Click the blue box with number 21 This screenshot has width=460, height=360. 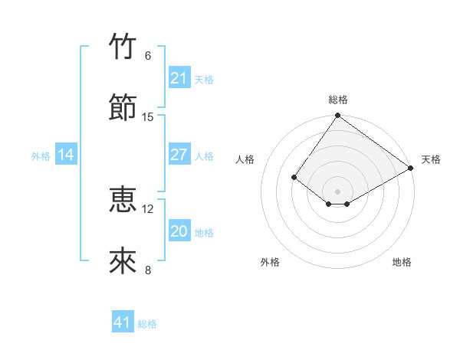click(x=179, y=78)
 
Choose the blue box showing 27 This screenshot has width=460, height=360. click(x=179, y=155)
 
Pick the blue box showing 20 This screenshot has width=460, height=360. click(x=179, y=231)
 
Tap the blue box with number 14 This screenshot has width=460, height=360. click(x=66, y=155)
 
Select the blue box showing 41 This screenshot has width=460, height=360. click(x=123, y=322)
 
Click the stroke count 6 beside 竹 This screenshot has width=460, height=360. click(x=148, y=55)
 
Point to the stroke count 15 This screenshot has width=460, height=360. click(x=148, y=116)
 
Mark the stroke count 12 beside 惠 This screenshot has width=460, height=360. click(x=148, y=208)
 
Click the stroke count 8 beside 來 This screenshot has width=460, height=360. click(x=148, y=270)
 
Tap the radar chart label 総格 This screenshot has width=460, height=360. click(x=338, y=100)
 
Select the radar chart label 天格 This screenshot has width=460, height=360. click(x=431, y=159)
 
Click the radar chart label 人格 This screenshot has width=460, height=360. click(x=245, y=159)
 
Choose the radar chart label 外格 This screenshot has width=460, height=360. click(x=270, y=262)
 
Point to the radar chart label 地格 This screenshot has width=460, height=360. click(x=402, y=262)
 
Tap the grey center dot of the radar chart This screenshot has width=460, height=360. click(x=338, y=191)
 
